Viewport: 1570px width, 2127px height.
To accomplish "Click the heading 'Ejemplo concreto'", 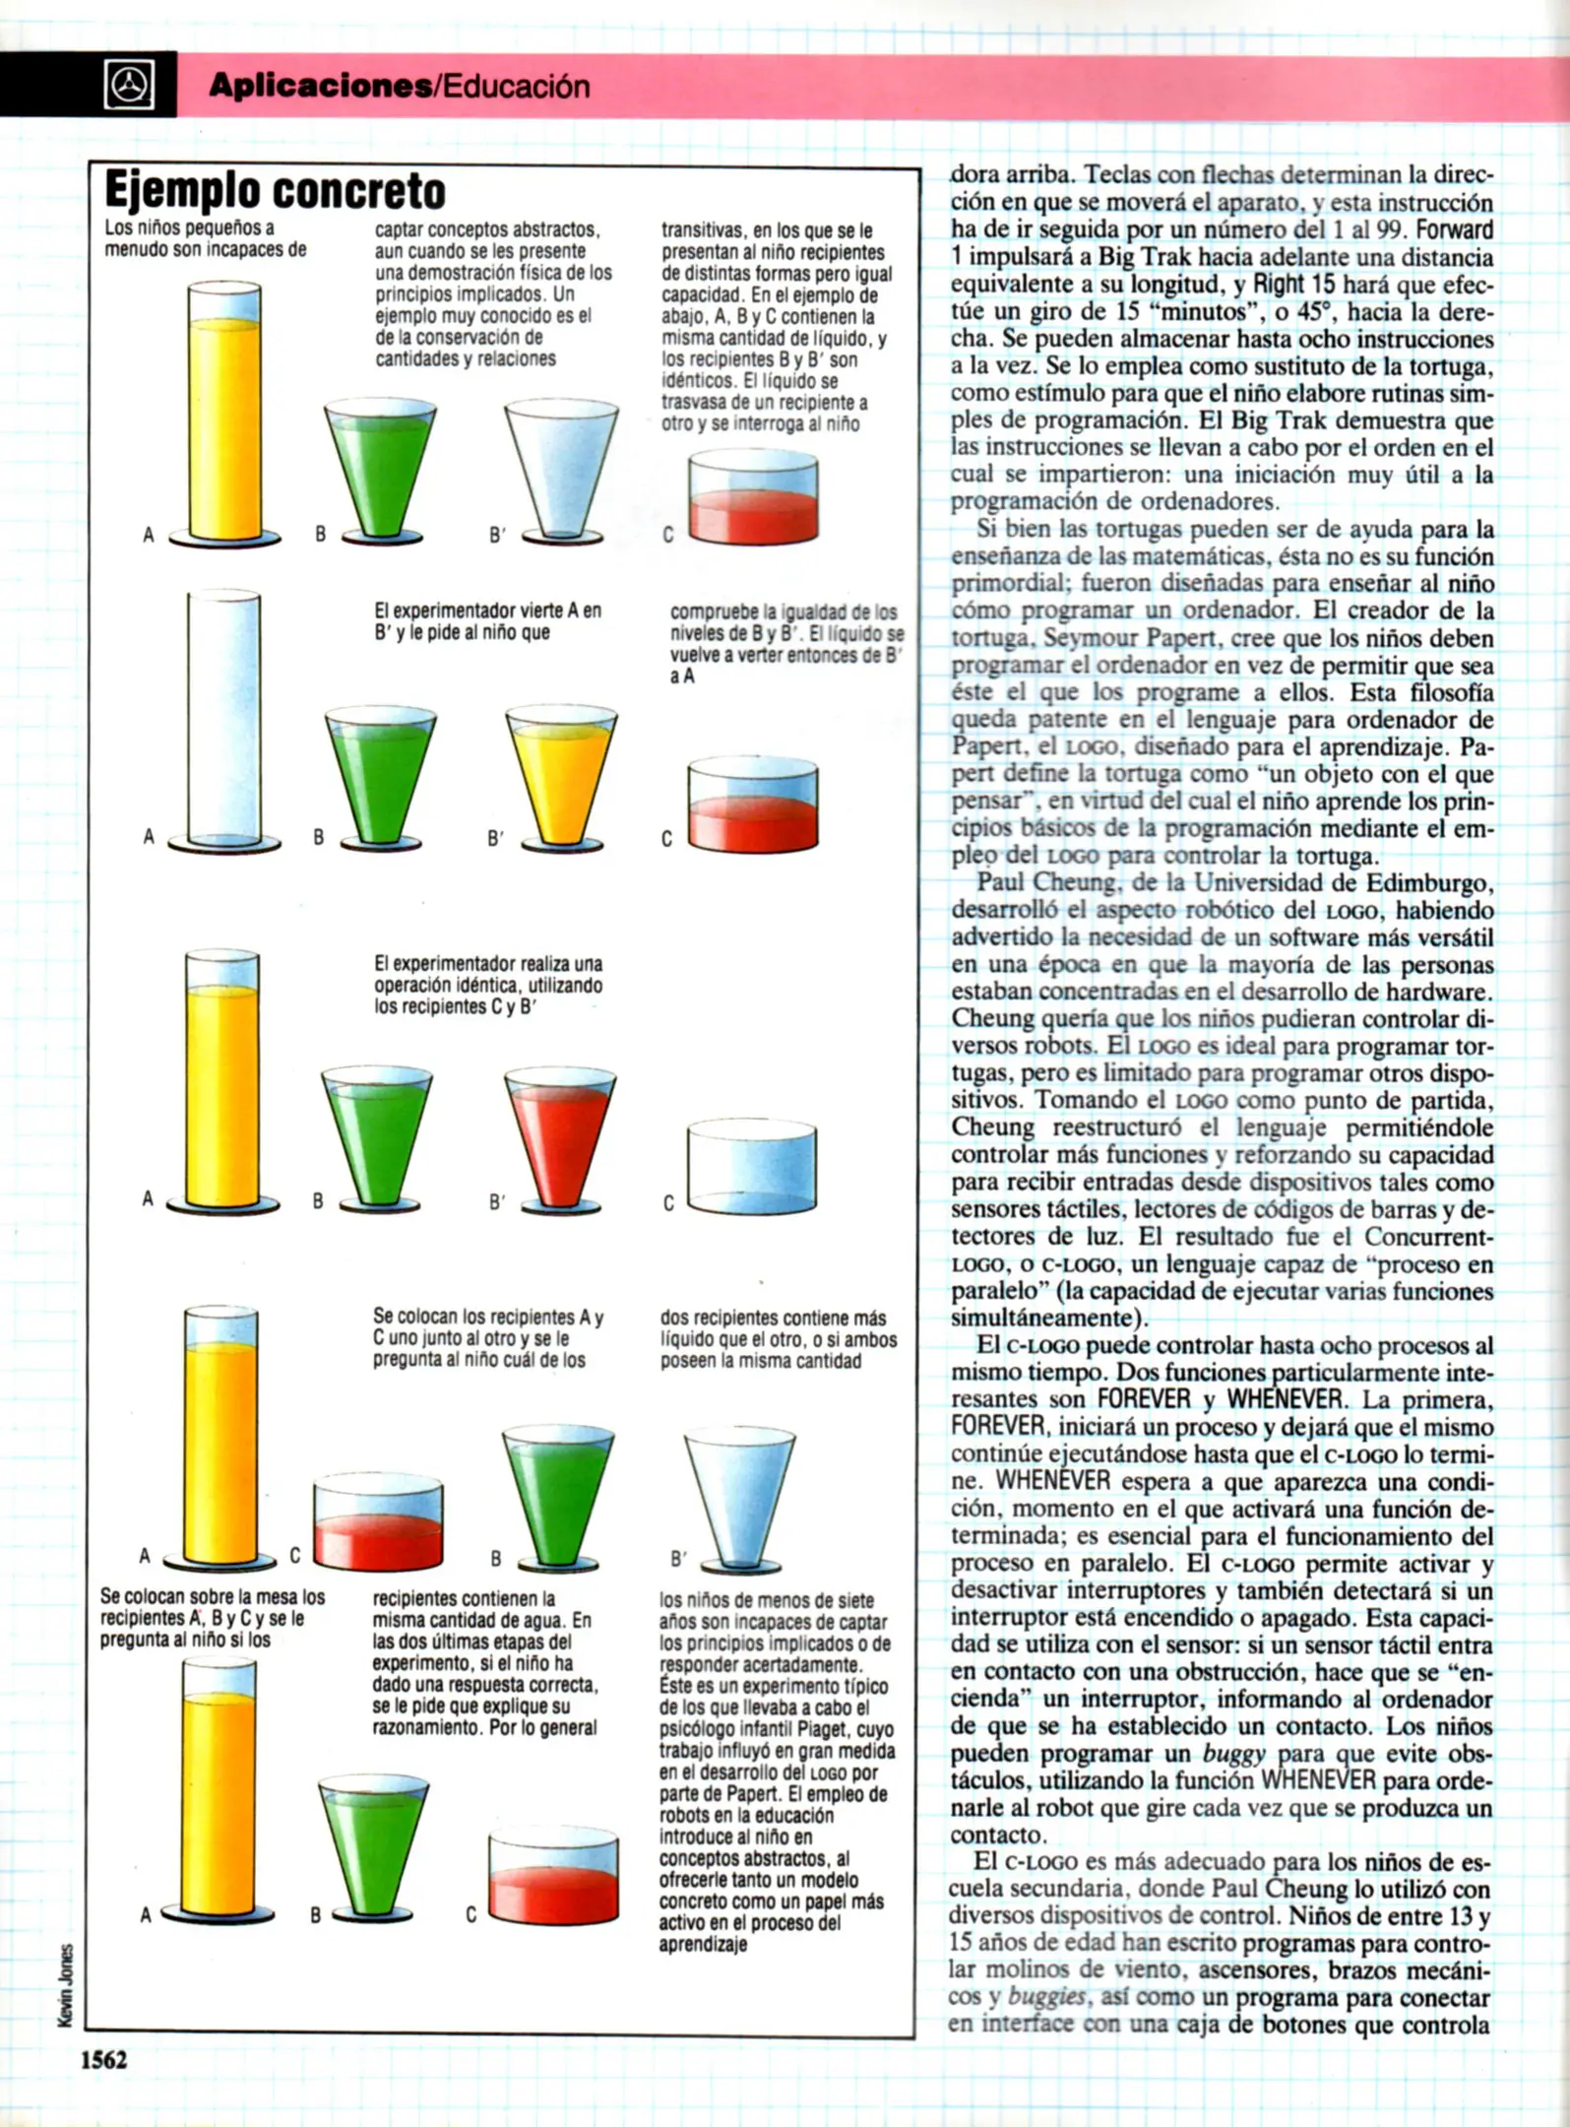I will point(275,191).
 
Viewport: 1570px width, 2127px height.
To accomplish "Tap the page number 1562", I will point(103,2059).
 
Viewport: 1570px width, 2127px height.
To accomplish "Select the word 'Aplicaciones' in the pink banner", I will point(320,87).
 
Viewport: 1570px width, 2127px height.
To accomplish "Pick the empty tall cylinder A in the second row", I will point(224,719).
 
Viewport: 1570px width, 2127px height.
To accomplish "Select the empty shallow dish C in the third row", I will point(751,1168).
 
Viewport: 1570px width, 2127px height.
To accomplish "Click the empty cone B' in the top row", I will point(561,468).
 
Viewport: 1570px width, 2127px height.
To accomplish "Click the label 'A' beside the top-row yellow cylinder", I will point(149,535).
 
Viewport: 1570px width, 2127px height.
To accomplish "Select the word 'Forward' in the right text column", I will point(1456,230).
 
